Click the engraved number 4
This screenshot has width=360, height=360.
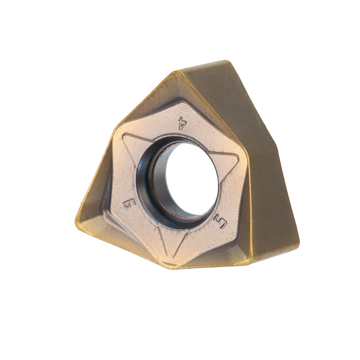(x=182, y=123)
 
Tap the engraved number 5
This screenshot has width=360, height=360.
(x=220, y=221)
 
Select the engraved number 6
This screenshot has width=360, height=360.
(x=129, y=204)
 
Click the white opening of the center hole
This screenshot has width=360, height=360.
(x=192, y=179)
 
